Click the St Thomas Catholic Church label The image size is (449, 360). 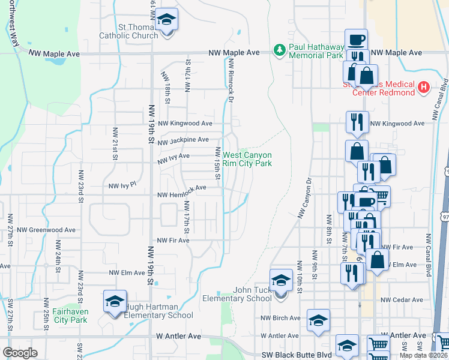[x=130, y=31]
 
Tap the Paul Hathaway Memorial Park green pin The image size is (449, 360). [x=279, y=48]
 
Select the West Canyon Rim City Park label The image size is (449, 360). [x=247, y=159]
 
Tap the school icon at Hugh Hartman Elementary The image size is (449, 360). [x=115, y=302]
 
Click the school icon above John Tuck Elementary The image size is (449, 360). [x=280, y=280]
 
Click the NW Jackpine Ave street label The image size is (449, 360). [x=182, y=140]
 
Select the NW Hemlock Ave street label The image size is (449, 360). [x=182, y=188]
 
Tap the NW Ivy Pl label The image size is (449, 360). [x=123, y=187]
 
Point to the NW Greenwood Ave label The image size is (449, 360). [x=46, y=230]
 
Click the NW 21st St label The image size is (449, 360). [x=114, y=144]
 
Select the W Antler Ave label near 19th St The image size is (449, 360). [x=176, y=337]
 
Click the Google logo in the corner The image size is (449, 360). [x=19, y=353]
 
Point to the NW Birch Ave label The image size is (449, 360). [x=280, y=318]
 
